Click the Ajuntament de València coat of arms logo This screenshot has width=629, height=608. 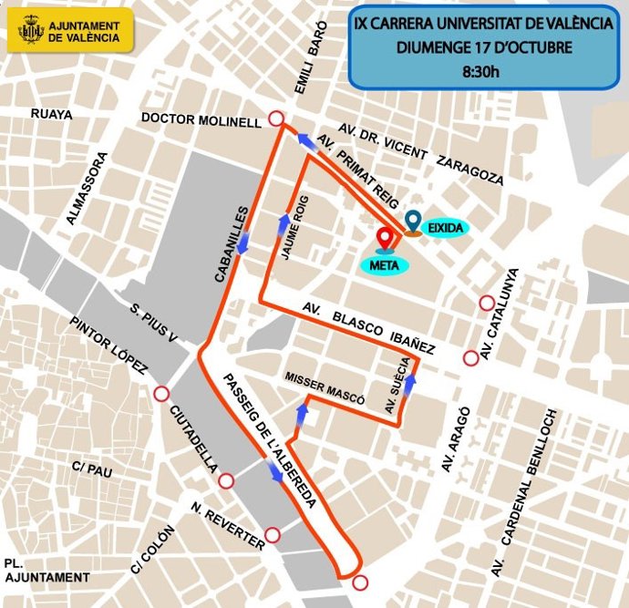(31, 32)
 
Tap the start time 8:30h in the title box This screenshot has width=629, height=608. (483, 71)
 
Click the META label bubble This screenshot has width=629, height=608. (384, 265)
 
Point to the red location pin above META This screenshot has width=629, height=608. (386, 239)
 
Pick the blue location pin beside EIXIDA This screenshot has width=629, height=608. (414, 222)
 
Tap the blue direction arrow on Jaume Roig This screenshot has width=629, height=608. (284, 222)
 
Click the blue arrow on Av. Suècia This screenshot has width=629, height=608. (409, 383)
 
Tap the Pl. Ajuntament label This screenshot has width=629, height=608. (46, 570)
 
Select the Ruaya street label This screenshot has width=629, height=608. (50, 114)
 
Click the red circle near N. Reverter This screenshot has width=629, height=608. (272, 535)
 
